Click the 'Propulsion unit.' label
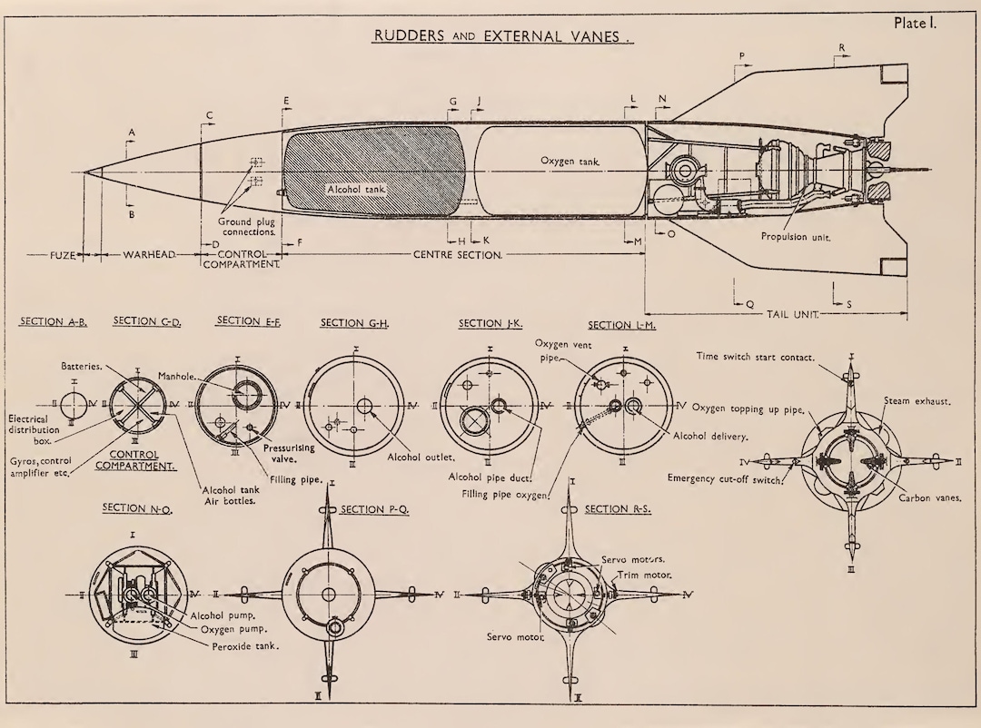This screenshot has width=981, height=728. (796, 236)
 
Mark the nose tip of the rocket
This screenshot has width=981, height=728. (84, 172)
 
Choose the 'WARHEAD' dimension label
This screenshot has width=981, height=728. (148, 255)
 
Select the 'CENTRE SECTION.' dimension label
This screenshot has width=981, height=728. (458, 255)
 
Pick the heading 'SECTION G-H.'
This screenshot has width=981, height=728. (354, 323)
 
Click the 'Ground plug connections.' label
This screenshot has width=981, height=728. (247, 227)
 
